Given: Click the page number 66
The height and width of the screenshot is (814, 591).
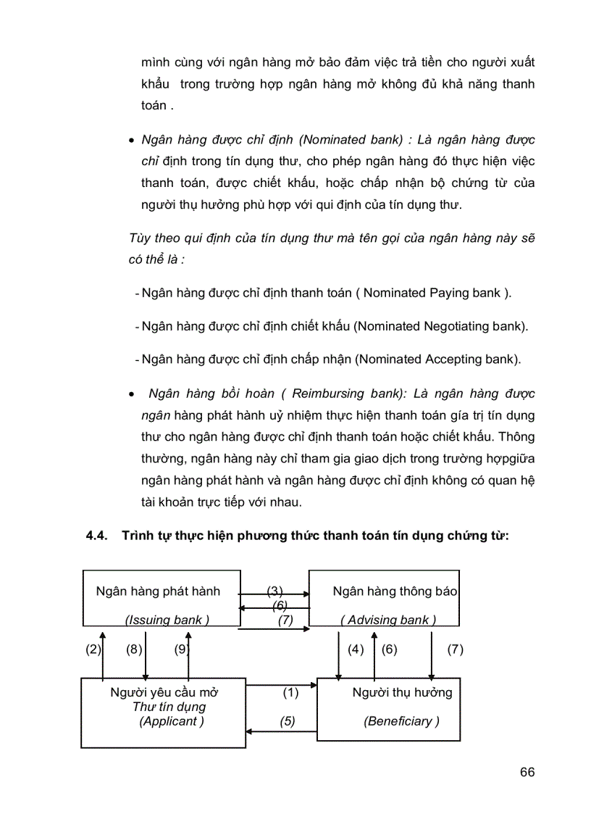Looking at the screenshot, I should coord(527,772).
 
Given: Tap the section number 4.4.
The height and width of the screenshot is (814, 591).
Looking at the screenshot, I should coord(96,536).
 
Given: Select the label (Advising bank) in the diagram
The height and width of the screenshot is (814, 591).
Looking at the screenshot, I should coord(388,620).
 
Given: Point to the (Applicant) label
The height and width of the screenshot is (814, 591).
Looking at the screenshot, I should coord(172,721).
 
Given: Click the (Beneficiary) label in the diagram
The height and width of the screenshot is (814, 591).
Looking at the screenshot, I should coord(402,721).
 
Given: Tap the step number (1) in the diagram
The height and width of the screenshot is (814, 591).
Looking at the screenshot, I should coord(290,693).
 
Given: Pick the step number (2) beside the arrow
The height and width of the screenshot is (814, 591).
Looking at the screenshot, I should coord(93,649).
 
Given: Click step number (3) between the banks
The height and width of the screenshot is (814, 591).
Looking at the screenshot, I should coord(274,591).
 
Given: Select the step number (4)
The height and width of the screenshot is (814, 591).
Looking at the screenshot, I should coord(356,649).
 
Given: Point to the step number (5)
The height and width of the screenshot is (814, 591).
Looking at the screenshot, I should coord(288,721).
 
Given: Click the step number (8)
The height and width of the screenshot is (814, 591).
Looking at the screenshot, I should coord(134,649).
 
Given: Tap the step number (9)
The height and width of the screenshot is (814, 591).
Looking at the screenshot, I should coord(180,649).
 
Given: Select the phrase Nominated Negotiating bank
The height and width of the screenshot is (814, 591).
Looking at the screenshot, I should coord(440,326).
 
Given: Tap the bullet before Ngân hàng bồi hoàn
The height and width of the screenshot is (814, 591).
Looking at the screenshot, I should coord(132,396).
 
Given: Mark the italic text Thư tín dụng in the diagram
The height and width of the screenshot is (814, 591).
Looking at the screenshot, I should coord(169,707).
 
